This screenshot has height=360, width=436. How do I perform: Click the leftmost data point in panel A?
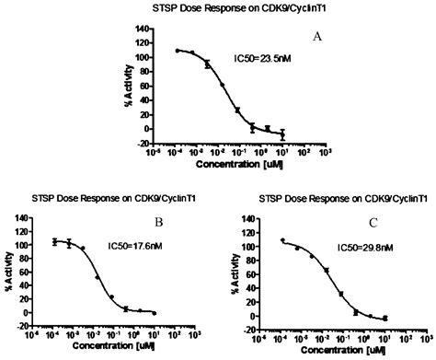(x=178, y=51)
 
